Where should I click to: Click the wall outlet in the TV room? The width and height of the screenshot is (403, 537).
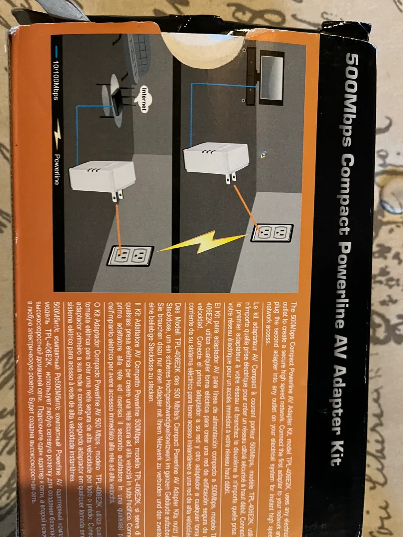coord(272,233)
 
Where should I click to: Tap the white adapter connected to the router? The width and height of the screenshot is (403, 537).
coord(101,175)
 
